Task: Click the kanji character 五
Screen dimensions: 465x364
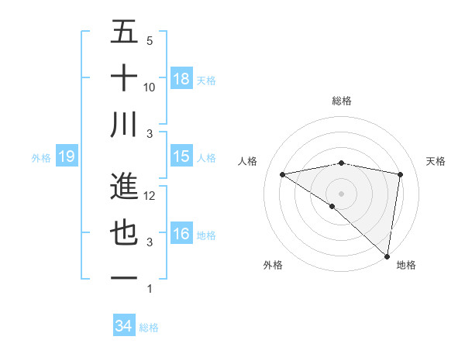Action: [124, 33]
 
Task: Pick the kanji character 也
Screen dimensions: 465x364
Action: [124, 232]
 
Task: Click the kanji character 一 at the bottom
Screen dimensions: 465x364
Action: [124, 277]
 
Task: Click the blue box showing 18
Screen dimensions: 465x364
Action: [181, 79]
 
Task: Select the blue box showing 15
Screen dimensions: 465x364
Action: [181, 156]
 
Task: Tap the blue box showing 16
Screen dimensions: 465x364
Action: [181, 234]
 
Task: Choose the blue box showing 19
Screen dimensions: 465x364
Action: [66, 157]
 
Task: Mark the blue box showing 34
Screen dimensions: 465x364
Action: [123, 326]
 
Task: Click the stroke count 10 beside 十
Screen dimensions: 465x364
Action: [150, 88]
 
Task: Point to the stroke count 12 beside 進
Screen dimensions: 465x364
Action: [150, 196]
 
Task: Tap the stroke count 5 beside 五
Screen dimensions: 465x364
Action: [150, 41]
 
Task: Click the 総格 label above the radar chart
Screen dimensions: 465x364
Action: [341, 101]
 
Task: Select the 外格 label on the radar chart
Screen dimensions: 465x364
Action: [272, 266]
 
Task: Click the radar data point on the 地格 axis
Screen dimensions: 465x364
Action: [386, 255]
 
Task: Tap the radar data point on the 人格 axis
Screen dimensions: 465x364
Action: [283, 174]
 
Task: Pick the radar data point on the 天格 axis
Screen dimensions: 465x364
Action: [401, 174]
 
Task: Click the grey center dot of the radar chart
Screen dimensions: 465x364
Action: [341, 192]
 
